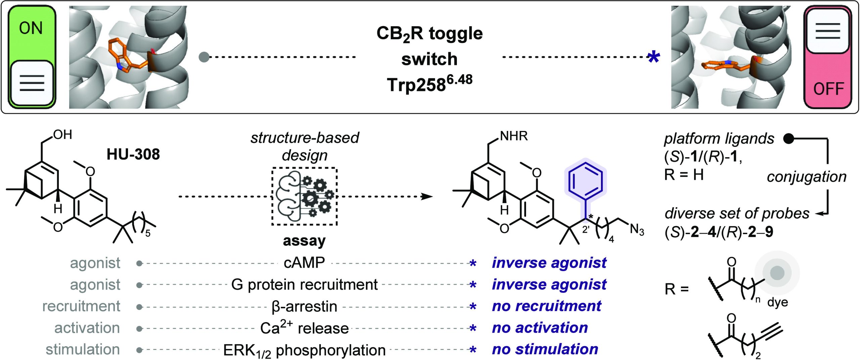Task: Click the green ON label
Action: pyautogui.click(x=31, y=28)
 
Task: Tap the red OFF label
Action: pyautogui.click(x=828, y=89)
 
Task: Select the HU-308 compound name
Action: pyautogui.click(x=133, y=155)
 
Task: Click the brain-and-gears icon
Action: pyautogui.click(x=304, y=196)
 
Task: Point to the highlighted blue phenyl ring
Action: pyautogui.click(x=585, y=181)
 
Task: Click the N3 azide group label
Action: pyautogui.click(x=637, y=230)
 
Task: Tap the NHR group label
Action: pyautogui.click(x=514, y=136)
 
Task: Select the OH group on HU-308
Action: pyautogui.click(x=62, y=135)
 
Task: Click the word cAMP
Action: pyautogui.click(x=304, y=263)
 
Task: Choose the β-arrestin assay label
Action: pyautogui.click(x=304, y=307)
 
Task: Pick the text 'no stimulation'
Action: pyautogui.click(x=545, y=349)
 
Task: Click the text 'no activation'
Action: pyautogui.click(x=540, y=328)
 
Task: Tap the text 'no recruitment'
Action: pyautogui.click(x=547, y=306)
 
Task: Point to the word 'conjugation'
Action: pyautogui.click(x=806, y=177)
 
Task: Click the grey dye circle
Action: pyautogui.click(x=777, y=273)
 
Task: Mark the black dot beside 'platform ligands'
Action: pyautogui.click(x=788, y=138)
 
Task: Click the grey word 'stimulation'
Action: pyautogui.click(x=83, y=349)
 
